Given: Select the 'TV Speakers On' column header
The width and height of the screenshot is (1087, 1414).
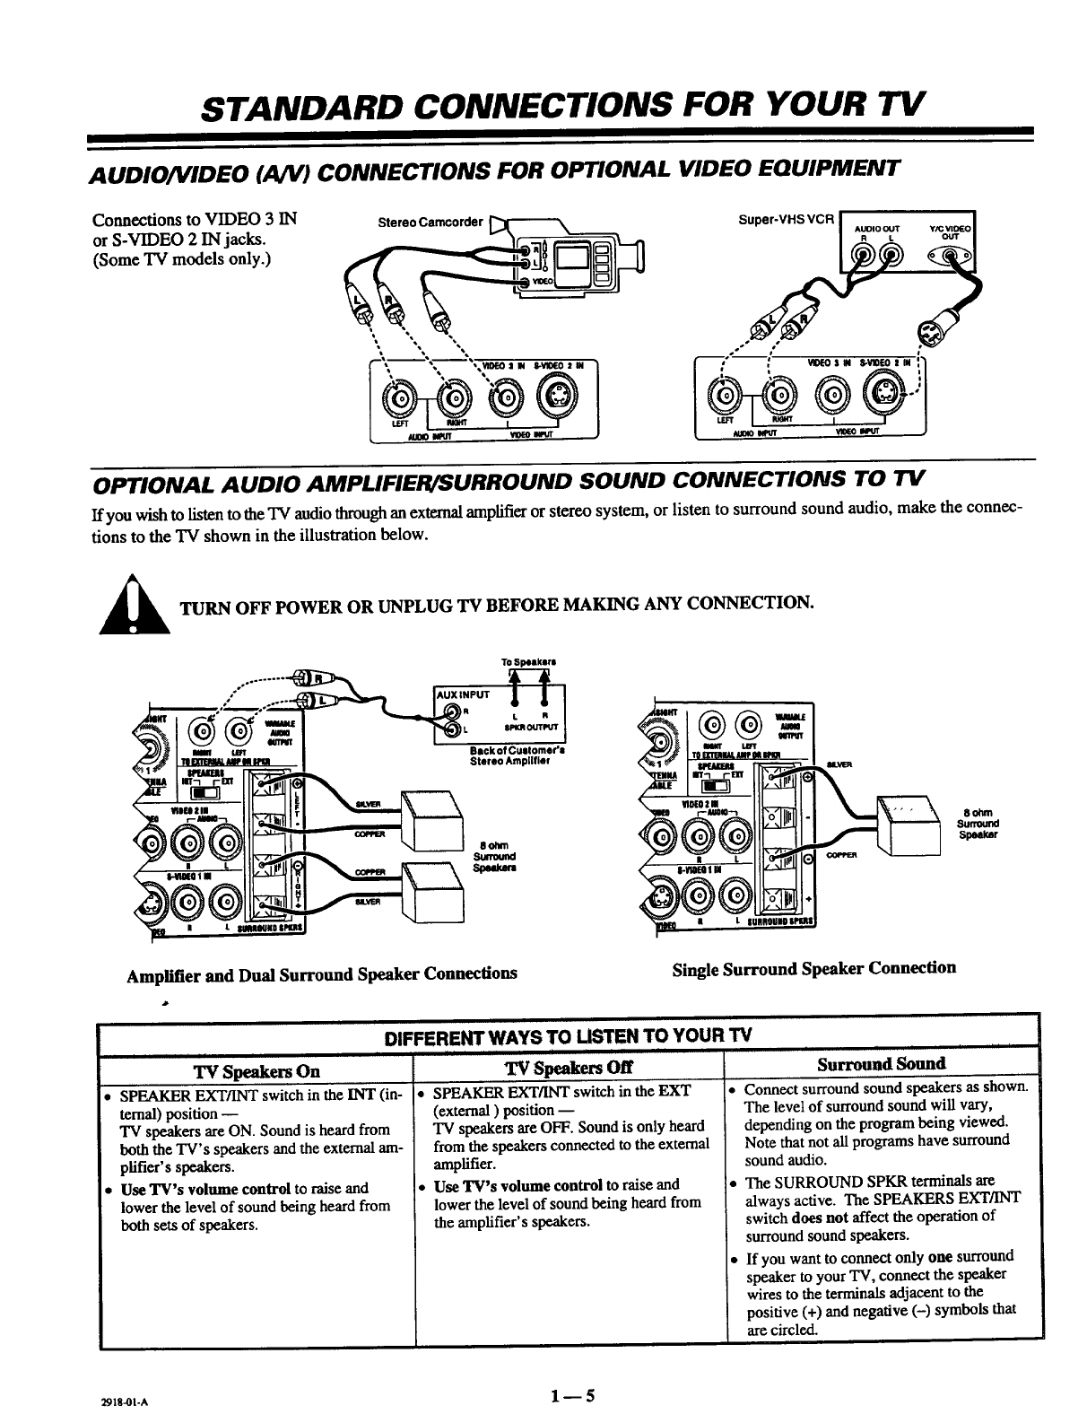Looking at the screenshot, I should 257,1070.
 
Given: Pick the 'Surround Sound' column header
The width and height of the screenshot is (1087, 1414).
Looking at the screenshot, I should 882,1064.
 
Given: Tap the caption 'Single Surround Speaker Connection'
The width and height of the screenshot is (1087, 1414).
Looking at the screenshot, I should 813,968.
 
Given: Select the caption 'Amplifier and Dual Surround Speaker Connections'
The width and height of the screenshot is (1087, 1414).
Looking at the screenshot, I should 323,973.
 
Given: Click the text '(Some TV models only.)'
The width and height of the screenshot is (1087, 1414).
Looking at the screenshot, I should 184,259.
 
